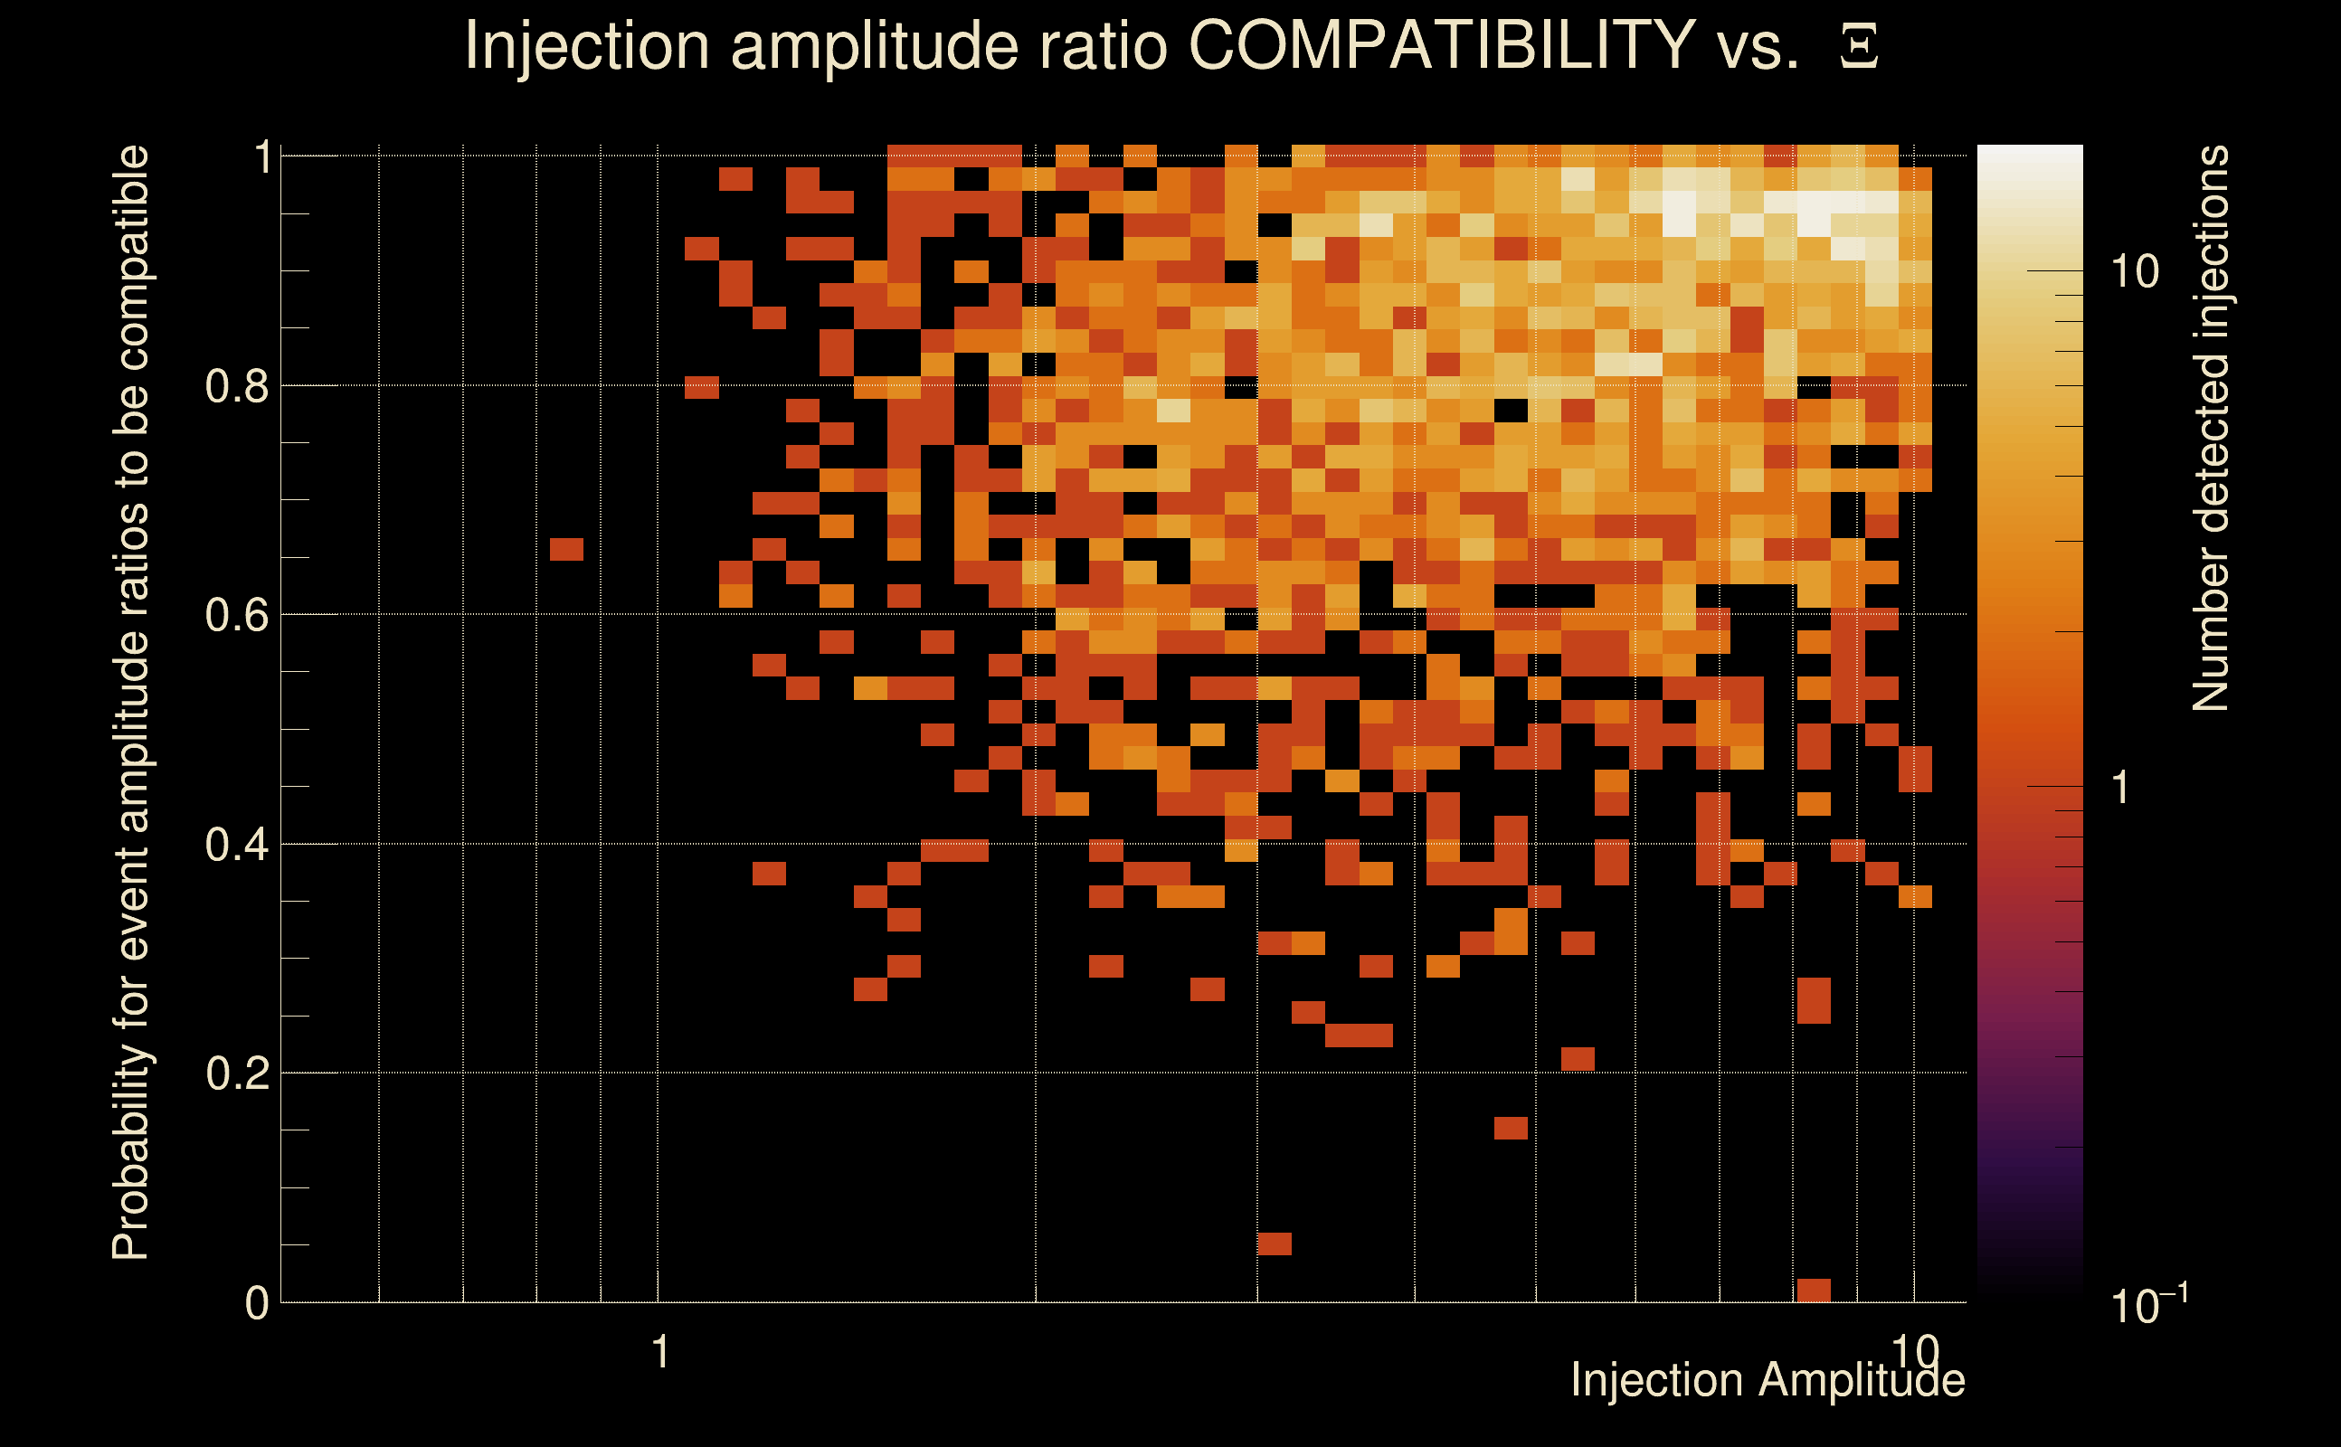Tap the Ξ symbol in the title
[1859, 47]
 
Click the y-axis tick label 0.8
[236, 387]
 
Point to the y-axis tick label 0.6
[236, 615]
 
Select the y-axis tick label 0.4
[236, 845]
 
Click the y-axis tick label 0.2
[236, 1073]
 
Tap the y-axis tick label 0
[257, 1303]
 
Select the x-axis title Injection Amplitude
[1767, 1380]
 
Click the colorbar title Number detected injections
[2211, 428]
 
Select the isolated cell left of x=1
[566, 549]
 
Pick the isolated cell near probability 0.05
[1275, 1244]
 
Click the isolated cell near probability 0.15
[1511, 1129]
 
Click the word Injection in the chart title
[586, 45]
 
